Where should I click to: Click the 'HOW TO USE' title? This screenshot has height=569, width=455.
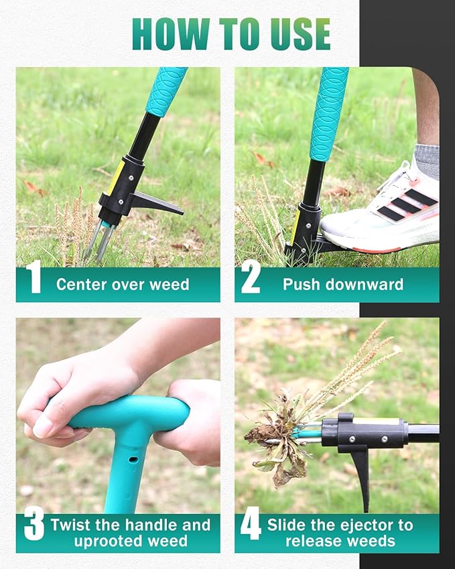pyautogui.click(x=231, y=34)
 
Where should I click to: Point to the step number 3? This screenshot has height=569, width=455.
pyautogui.click(x=34, y=525)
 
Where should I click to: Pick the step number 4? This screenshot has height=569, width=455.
pyautogui.click(x=251, y=525)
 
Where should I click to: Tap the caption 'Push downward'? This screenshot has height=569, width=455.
pyautogui.click(x=343, y=284)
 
